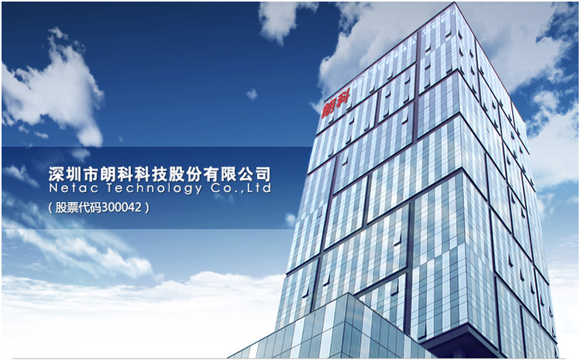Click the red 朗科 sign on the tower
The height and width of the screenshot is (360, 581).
tap(336, 105)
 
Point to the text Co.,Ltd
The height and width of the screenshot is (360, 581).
tap(241, 188)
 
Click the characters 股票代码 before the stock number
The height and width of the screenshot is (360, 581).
tap(78, 207)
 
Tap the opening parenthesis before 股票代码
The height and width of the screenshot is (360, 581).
tap(50, 207)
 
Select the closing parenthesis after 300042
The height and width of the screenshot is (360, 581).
tap(147, 207)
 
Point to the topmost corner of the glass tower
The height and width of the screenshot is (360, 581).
tap(454, 3)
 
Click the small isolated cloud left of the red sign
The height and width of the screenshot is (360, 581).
tap(252, 94)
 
